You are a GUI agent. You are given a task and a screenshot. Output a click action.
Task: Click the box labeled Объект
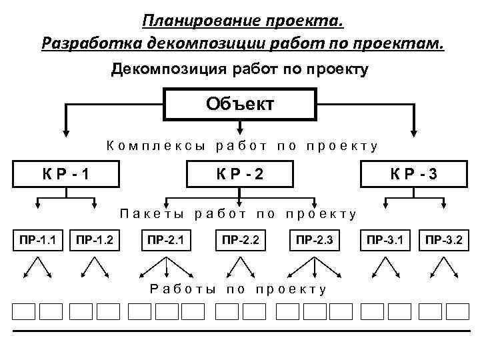click(x=239, y=105)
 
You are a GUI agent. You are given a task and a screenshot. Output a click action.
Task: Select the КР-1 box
click(x=67, y=175)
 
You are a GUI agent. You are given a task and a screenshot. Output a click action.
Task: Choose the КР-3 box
click(x=413, y=175)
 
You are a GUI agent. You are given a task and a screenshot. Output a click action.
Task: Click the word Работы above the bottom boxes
click(x=183, y=289)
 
